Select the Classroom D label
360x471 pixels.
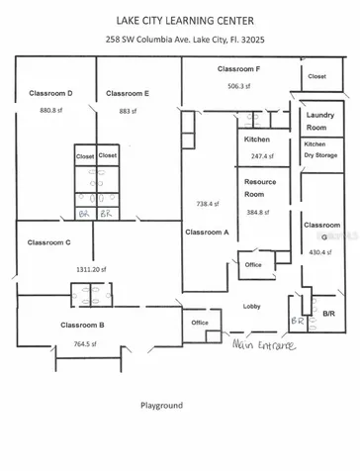[x=50, y=93]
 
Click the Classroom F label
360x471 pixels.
[x=238, y=69]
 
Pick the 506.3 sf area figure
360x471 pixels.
[x=238, y=86]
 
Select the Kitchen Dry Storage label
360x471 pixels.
[x=321, y=150]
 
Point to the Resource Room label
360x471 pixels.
[x=261, y=190]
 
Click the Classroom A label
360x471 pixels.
[x=207, y=232]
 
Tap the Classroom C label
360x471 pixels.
[x=48, y=241]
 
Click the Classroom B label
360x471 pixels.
[x=82, y=325]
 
